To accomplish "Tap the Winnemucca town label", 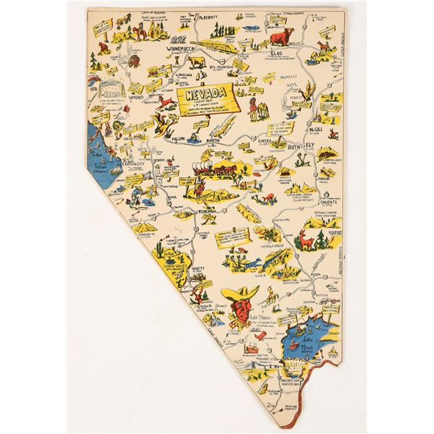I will [x=183, y=49].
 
